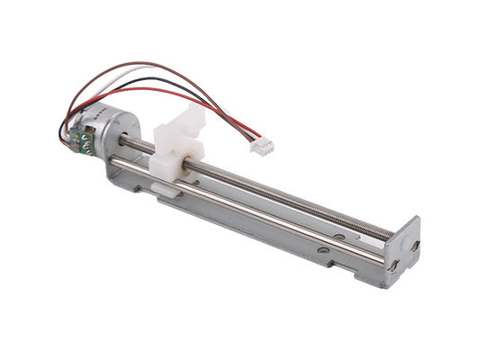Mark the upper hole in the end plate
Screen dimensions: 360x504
[414, 244]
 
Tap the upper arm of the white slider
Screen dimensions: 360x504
[193, 115]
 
